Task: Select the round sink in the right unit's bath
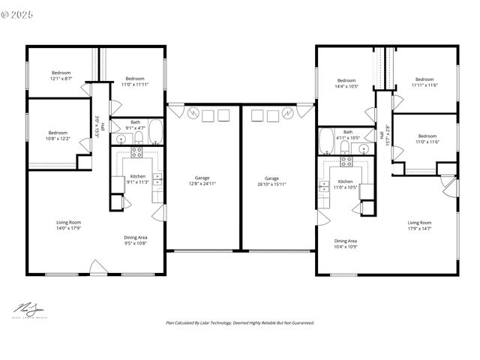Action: point(363,148)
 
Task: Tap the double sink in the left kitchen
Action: point(157,178)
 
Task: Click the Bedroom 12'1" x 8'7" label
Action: point(61,75)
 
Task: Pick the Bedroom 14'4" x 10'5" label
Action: point(346,83)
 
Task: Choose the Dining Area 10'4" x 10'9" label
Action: point(346,244)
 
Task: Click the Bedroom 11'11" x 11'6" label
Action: point(424,82)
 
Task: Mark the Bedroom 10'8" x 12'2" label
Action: point(58,136)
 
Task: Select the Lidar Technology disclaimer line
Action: point(240,322)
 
